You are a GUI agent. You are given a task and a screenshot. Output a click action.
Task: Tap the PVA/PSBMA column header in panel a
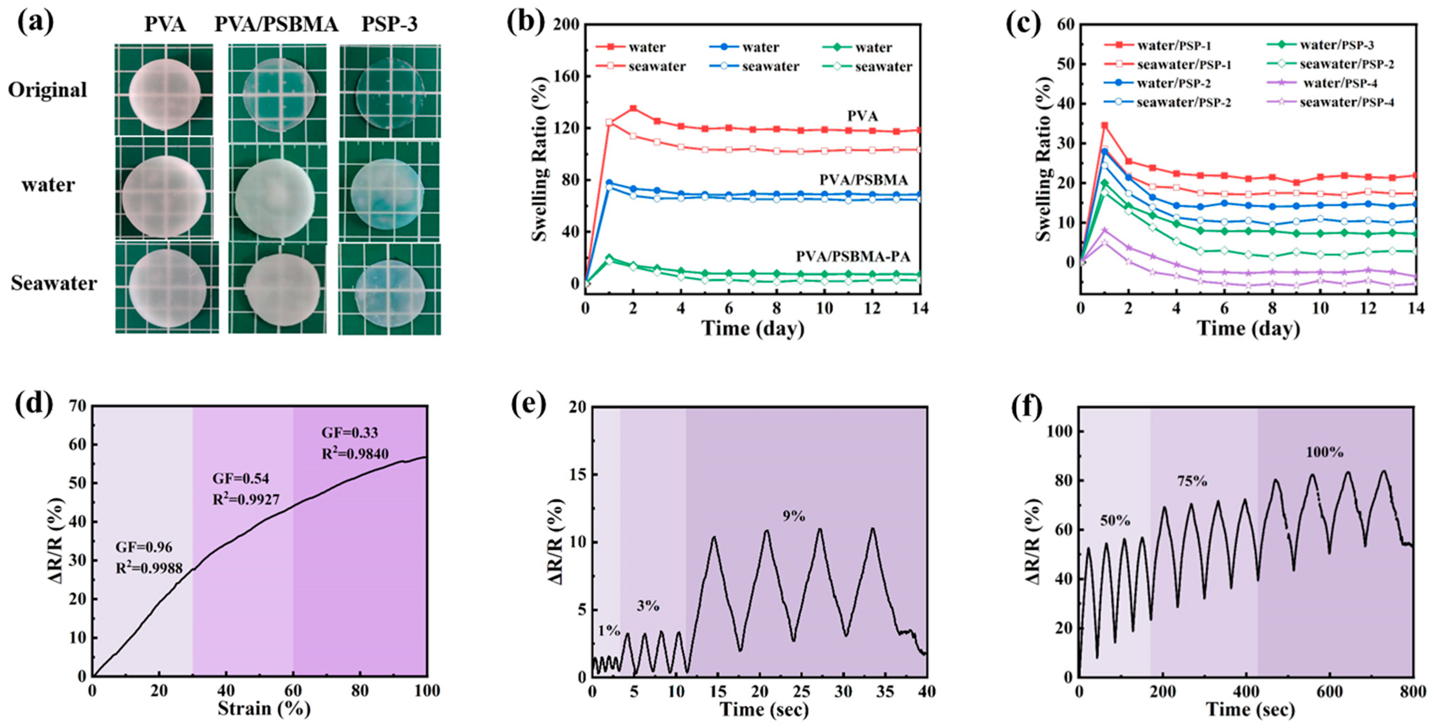(x=276, y=25)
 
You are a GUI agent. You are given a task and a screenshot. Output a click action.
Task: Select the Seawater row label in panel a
(x=54, y=283)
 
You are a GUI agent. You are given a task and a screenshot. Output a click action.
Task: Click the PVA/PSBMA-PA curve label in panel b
(x=852, y=256)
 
